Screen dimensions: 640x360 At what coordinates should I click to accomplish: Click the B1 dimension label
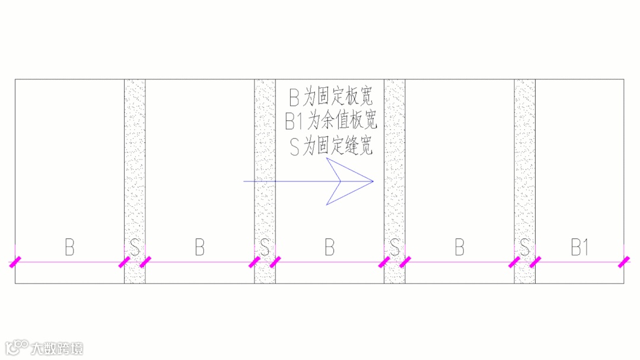[579, 248]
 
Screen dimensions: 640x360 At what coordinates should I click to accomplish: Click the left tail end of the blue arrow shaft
[245, 181]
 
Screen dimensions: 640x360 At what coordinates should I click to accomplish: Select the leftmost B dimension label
[69, 248]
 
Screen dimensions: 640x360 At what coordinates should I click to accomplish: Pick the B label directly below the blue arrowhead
[330, 248]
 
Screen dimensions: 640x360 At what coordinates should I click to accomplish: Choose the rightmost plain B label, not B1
[460, 248]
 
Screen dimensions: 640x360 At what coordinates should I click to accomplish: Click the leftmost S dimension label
[135, 248]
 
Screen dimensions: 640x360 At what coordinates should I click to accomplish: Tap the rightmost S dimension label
[524, 248]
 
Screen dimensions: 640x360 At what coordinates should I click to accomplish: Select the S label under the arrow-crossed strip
[265, 248]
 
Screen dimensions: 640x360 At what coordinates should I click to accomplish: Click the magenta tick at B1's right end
[623, 262]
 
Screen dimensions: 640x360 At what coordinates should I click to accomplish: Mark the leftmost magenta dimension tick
[15, 262]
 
